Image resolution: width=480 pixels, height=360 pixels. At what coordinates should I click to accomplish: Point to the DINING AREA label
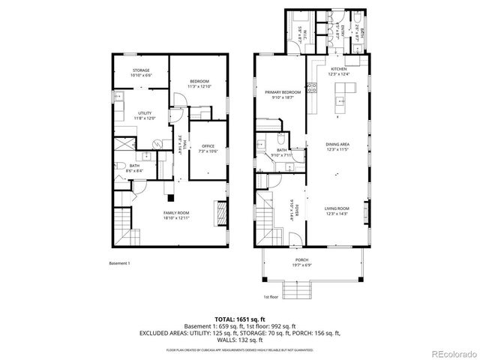[337, 145]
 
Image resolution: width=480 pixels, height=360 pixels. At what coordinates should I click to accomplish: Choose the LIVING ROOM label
[337, 211]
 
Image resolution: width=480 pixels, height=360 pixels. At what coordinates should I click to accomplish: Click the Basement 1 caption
[119, 263]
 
